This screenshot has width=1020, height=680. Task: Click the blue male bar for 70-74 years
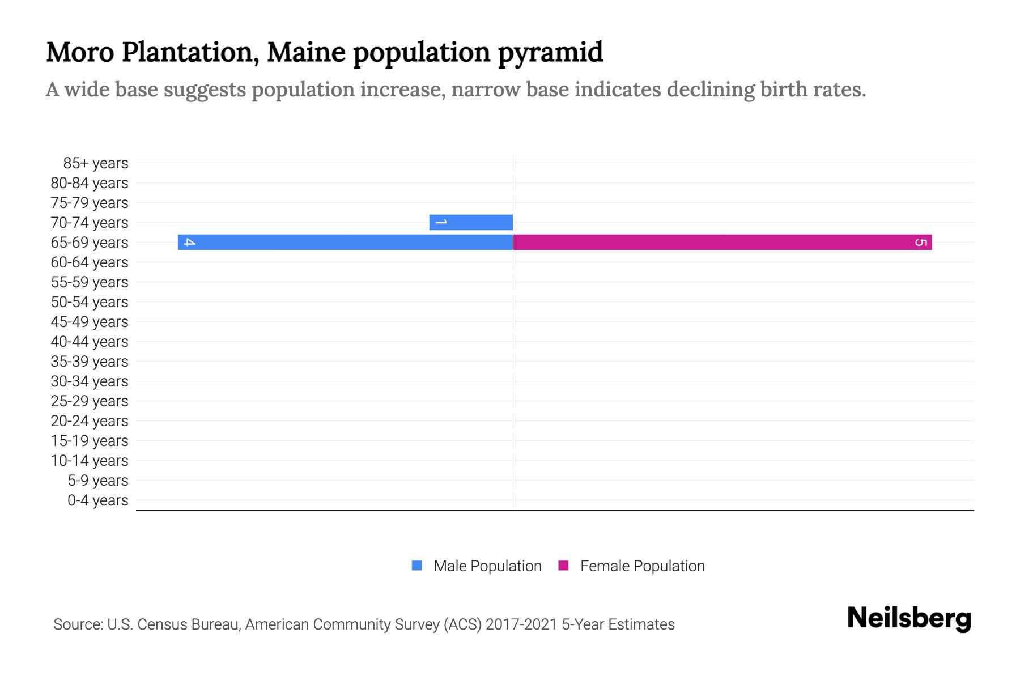coord(471,222)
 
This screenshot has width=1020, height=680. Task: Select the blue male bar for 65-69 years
coord(346,242)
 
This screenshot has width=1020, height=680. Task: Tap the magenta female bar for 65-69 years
coord(722,242)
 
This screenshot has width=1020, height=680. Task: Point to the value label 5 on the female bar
coord(921,243)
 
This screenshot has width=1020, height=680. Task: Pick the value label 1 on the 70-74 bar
coord(441,222)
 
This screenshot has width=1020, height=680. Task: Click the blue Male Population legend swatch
coord(417,566)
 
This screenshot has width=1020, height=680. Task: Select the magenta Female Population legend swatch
coord(563,566)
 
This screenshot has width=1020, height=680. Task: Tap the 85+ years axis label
coord(95,163)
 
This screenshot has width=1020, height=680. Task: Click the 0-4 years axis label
coord(97,500)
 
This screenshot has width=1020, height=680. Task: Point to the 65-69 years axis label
coord(90,243)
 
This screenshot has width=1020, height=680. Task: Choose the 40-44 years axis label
coord(90,342)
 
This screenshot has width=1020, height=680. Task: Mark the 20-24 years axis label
coord(90,421)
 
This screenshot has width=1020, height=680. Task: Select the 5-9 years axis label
coord(97,481)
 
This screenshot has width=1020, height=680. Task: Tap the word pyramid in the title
coord(550,53)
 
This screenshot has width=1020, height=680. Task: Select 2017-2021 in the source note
coord(521,624)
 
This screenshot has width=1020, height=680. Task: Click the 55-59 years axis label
coord(90,282)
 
